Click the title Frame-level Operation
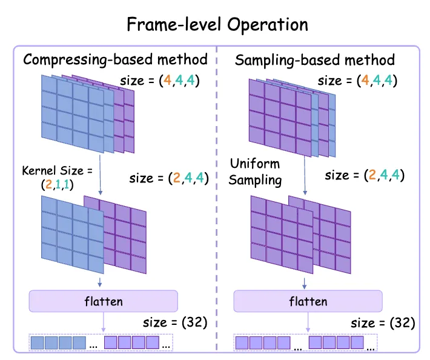[x=217, y=25]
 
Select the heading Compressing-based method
[x=115, y=59]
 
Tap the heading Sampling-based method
[x=315, y=60]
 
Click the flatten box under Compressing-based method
[x=104, y=301]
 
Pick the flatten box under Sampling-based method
[x=308, y=301]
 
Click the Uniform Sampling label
[x=255, y=172]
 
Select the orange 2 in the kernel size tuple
[x=48, y=184]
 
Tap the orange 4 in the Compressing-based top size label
[x=167, y=81]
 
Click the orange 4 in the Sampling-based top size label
[x=365, y=81]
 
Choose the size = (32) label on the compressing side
[x=175, y=322]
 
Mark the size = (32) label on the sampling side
[x=383, y=322]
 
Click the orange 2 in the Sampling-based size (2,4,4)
[x=372, y=175]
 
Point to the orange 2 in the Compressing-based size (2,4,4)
[x=177, y=178]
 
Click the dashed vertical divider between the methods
[x=217, y=198]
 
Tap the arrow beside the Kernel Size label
[x=100, y=175]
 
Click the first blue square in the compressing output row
[x=38, y=342]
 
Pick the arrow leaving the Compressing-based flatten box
[x=104, y=322]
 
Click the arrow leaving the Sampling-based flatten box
[x=308, y=322]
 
